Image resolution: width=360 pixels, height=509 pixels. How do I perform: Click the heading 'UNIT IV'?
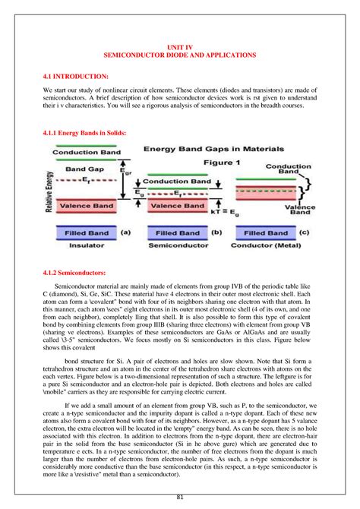pos(180,47)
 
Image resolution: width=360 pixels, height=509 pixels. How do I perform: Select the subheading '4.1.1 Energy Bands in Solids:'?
pos(84,131)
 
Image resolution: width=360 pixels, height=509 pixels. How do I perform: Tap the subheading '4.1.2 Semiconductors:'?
pos(75,271)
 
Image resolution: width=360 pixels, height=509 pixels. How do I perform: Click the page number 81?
pos(180,497)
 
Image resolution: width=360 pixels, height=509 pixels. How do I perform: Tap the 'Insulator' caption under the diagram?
pos(86,246)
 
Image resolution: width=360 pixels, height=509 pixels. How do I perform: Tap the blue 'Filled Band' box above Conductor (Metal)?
pos(265,233)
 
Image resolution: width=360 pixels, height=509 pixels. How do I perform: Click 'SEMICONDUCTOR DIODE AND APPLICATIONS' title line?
pos(180,56)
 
